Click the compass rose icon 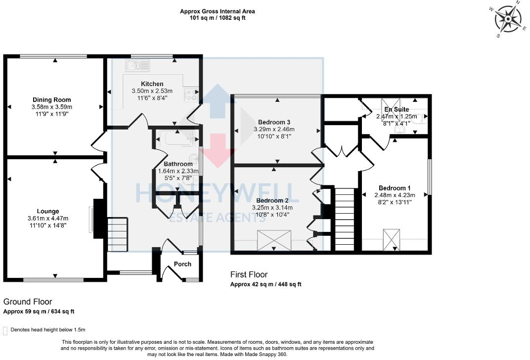tap(507, 21)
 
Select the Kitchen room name tap(152, 84)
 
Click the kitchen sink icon tap(137, 65)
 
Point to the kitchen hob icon tap(191, 94)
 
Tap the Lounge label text tap(48, 211)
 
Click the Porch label tap(182, 264)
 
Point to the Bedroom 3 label tap(274, 122)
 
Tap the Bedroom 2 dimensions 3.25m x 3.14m tap(272, 208)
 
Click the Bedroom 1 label tap(394, 188)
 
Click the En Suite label tap(396, 109)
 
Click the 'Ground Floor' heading tap(28, 302)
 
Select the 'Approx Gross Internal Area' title tap(218, 11)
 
